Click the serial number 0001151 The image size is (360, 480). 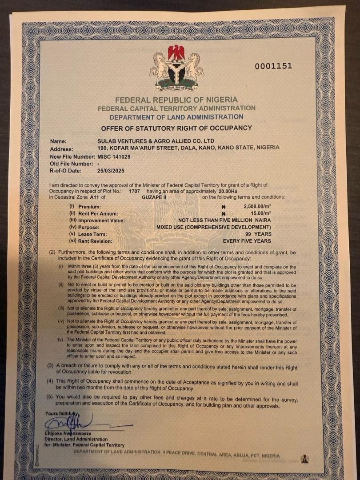pos(273,66)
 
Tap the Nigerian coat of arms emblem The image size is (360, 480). pos(176,67)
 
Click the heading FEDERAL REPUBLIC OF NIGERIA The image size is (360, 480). pos(176,100)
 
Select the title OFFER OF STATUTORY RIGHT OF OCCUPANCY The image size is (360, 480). pos(176,128)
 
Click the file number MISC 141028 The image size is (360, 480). pos(114,157)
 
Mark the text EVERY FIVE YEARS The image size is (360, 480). pos(248,241)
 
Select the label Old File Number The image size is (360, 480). pos(73,164)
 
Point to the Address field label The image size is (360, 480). pos(62,149)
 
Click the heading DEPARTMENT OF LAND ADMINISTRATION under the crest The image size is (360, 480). pos(176,117)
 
